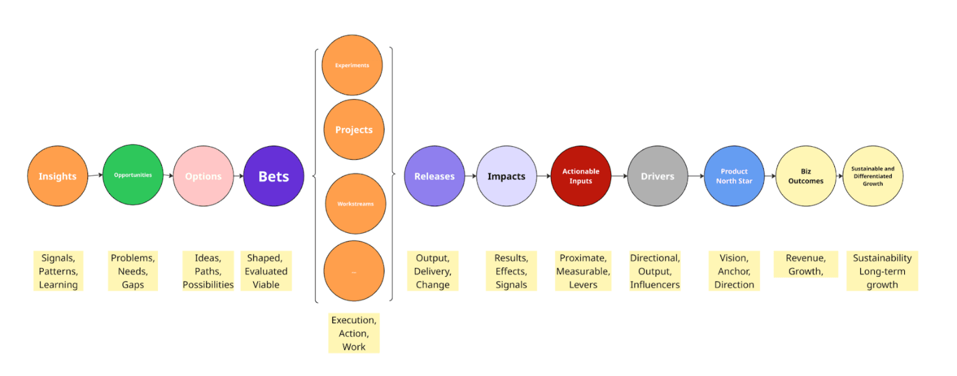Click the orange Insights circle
pyautogui.click(x=57, y=176)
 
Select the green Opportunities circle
pyautogui.click(x=133, y=175)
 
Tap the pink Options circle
pyautogui.click(x=203, y=176)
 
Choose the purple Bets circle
pyautogui.click(x=274, y=176)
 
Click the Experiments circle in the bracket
pyautogui.click(x=353, y=65)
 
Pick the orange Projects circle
pyautogui.click(x=354, y=130)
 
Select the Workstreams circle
pyautogui.click(x=356, y=204)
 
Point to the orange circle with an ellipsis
pyautogui.click(x=354, y=271)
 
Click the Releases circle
pyautogui.click(x=434, y=176)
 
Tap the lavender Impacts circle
pyautogui.click(x=506, y=176)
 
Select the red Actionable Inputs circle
pyautogui.click(x=581, y=176)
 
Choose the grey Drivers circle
pyautogui.click(x=657, y=176)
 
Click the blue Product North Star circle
pyautogui.click(x=734, y=176)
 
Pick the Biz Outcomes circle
pyautogui.click(x=806, y=176)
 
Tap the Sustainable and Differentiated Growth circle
pyautogui.click(x=873, y=176)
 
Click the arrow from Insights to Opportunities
pyautogui.click(x=95, y=175)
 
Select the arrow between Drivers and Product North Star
pyautogui.click(x=696, y=176)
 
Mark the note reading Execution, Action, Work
pyautogui.click(x=354, y=334)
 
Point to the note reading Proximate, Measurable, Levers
pyautogui.click(x=583, y=271)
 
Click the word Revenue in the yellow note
pyautogui.click(x=806, y=258)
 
